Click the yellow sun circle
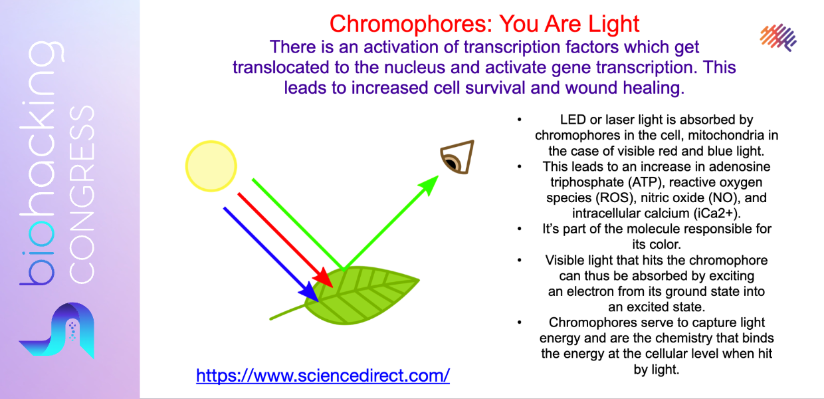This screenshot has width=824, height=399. coord(211,166)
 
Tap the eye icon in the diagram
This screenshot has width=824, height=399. coord(457,157)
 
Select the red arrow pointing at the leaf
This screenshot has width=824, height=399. coord(286,240)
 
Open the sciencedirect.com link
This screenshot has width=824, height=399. coord(322,376)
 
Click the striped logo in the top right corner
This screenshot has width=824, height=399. coord(778,37)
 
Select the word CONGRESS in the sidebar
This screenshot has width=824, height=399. coord(82,194)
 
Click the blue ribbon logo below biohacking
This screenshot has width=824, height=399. coord(57,330)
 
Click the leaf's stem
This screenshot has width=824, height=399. coord(288,312)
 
